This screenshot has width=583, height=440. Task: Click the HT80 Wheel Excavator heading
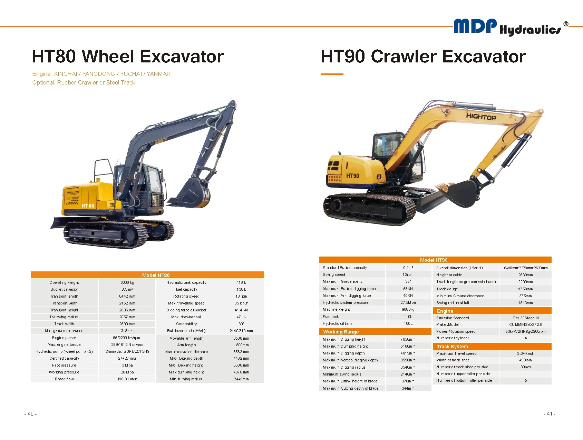point(128,57)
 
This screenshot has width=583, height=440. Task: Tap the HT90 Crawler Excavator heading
point(423,57)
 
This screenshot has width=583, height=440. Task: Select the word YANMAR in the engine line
point(158,74)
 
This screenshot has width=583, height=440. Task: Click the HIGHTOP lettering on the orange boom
point(481,117)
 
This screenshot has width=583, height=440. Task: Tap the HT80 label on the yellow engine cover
point(88,206)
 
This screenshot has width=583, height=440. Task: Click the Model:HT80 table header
point(156,275)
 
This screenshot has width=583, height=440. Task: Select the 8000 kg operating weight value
point(127,282)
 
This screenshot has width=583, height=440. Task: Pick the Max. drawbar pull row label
point(186,317)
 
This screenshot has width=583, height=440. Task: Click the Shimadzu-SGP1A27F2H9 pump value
point(127,351)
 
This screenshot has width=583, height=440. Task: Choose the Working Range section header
point(341,332)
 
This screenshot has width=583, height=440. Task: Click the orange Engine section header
point(445,311)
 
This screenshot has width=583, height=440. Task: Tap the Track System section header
point(452,347)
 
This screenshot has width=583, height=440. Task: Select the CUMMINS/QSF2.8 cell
point(525,324)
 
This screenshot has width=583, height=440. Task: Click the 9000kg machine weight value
point(408,309)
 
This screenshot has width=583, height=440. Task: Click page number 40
point(30,414)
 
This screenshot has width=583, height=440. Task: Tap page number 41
point(549,414)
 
